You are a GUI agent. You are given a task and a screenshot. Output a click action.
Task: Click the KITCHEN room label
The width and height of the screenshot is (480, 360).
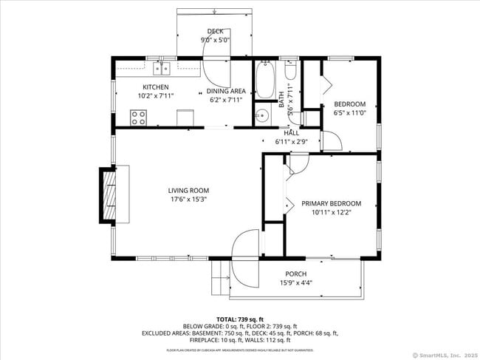156,87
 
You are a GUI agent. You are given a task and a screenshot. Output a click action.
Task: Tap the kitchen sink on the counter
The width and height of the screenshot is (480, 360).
161,69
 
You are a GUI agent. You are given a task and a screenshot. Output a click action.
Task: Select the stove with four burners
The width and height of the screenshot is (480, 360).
138,117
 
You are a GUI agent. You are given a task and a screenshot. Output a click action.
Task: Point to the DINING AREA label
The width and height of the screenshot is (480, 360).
225,91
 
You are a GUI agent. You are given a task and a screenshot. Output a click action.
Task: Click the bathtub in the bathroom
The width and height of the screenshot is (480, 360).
264,81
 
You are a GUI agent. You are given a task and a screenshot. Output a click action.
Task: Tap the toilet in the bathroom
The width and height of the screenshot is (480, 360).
291,72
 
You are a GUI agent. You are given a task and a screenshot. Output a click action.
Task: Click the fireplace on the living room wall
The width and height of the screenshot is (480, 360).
109,195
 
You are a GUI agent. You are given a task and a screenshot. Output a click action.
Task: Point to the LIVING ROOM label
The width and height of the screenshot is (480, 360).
188,191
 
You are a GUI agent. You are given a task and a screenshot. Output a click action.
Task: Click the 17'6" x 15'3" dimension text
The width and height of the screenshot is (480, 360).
188,200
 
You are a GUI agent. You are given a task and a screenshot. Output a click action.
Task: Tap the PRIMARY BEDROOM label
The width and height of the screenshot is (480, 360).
331,203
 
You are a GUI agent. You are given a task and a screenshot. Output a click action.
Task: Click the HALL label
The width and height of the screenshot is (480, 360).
281,133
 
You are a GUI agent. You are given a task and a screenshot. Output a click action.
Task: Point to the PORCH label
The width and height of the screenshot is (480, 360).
295,274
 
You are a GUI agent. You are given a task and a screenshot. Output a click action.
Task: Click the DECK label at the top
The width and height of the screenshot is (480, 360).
215,31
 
